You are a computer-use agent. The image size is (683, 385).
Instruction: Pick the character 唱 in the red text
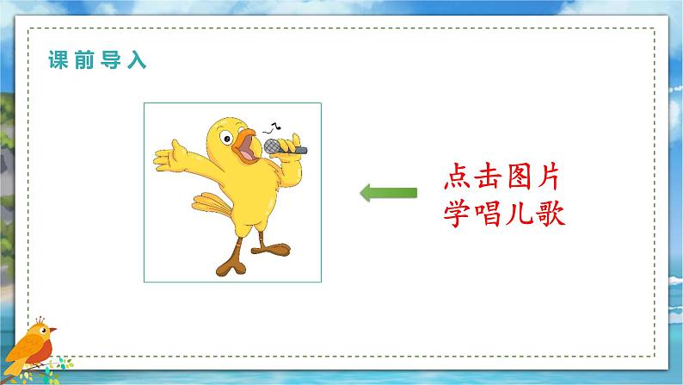[x=493, y=212]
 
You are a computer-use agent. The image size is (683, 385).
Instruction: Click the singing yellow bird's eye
[x=226, y=135]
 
